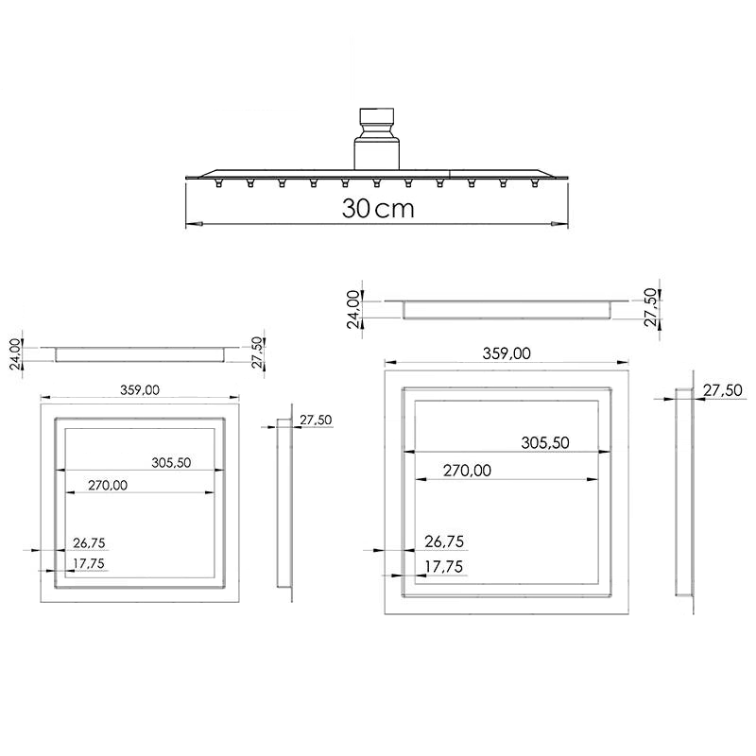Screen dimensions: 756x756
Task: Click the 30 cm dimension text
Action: click(x=378, y=209)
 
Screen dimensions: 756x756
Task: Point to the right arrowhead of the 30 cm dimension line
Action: click(x=558, y=224)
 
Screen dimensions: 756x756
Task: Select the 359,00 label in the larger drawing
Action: click(x=507, y=353)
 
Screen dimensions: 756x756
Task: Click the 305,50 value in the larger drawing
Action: click(x=545, y=442)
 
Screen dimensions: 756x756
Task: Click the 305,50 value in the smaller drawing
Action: click(x=171, y=462)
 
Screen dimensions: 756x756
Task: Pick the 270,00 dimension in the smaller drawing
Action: click(x=108, y=485)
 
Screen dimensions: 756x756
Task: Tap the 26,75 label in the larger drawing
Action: click(x=444, y=541)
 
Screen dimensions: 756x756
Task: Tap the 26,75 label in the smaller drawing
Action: click(x=89, y=543)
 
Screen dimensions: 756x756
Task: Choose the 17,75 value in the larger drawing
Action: click(x=444, y=567)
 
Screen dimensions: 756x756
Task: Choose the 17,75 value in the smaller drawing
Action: click(x=89, y=564)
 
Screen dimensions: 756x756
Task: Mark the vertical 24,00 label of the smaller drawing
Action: click(x=14, y=355)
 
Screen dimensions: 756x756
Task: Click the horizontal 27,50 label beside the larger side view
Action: click(x=721, y=389)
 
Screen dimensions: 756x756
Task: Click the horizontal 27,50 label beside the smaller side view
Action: click(x=315, y=420)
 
